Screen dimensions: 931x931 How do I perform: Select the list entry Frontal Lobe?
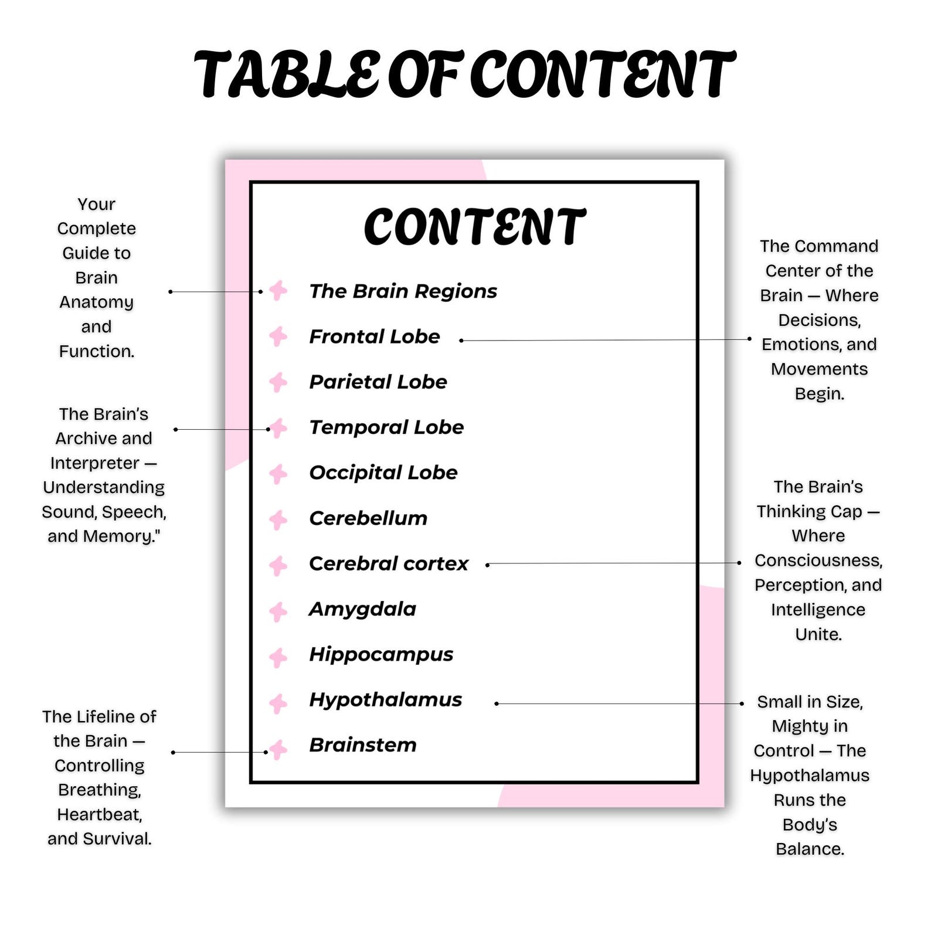click(375, 337)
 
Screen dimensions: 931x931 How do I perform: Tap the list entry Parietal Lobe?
click(378, 382)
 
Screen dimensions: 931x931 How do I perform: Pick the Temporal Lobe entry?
click(386, 427)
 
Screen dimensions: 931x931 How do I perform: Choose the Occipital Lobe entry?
click(383, 473)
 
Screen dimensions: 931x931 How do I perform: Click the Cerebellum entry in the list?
click(368, 518)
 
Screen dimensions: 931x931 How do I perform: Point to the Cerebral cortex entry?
click(389, 563)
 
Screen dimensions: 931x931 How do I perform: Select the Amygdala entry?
click(362, 610)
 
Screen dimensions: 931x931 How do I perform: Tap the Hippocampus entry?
click(381, 655)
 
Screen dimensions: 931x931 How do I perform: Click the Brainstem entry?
click(363, 745)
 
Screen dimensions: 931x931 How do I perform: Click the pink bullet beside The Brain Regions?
click(278, 290)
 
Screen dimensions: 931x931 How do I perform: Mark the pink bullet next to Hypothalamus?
click(278, 703)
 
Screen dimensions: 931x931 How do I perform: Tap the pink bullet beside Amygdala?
click(278, 612)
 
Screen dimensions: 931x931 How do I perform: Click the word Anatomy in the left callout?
click(97, 303)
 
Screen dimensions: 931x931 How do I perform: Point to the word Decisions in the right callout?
click(820, 320)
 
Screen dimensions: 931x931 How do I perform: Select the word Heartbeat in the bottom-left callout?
click(100, 814)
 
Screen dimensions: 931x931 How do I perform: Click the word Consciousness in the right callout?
click(818, 560)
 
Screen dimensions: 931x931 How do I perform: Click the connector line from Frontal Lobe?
click(605, 339)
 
